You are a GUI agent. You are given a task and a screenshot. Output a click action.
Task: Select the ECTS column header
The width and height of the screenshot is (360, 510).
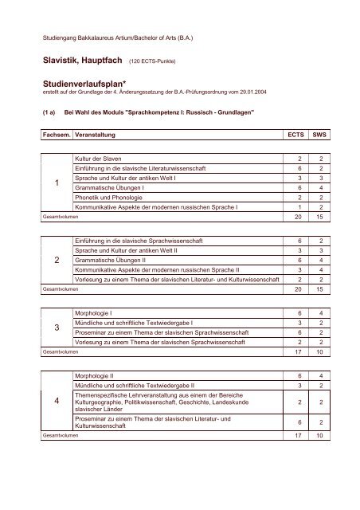[x=297, y=136]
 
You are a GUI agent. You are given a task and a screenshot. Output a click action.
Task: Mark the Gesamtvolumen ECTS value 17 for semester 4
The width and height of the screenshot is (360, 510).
[x=297, y=437]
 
